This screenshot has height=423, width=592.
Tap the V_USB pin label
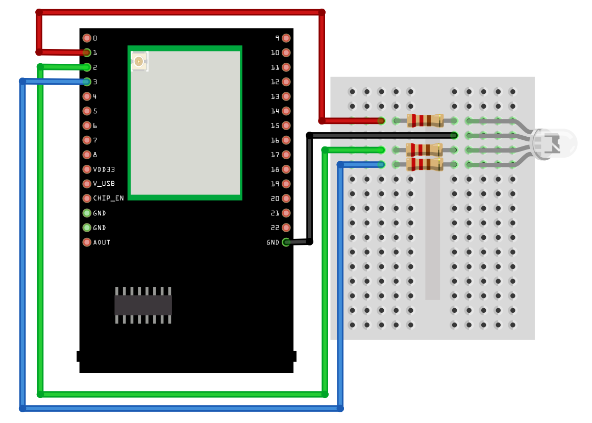point(104,184)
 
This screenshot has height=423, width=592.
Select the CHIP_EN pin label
point(108,198)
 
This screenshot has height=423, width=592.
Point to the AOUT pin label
point(102,242)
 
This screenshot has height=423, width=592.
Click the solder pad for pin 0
point(87,38)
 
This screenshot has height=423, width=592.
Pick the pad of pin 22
point(286,228)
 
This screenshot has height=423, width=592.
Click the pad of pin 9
point(286,38)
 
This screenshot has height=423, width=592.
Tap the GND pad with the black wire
point(286,242)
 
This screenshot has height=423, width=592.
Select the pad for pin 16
point(286,140)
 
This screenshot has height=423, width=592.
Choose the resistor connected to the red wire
point(425,121)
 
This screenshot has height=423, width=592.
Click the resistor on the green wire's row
point(424,150)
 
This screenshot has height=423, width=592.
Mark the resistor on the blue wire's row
point(424,164)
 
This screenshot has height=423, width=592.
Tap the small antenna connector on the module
point(138,61)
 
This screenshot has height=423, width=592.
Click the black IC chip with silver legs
point(143,305)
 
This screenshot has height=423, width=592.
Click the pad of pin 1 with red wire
point(87,53)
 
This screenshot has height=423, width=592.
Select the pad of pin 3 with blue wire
point(87,82)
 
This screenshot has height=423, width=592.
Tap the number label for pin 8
point(95,155)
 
